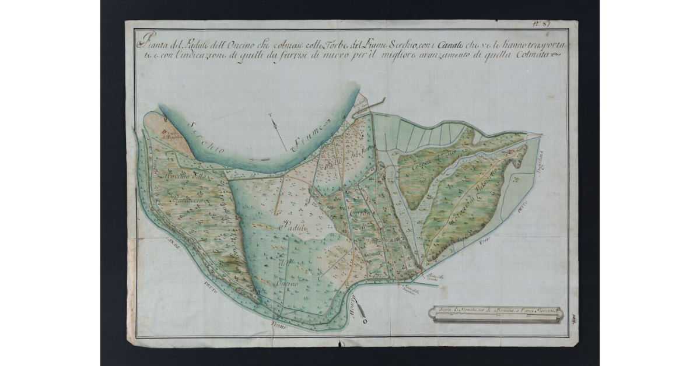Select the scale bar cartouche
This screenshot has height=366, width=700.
tap(495, 314)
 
